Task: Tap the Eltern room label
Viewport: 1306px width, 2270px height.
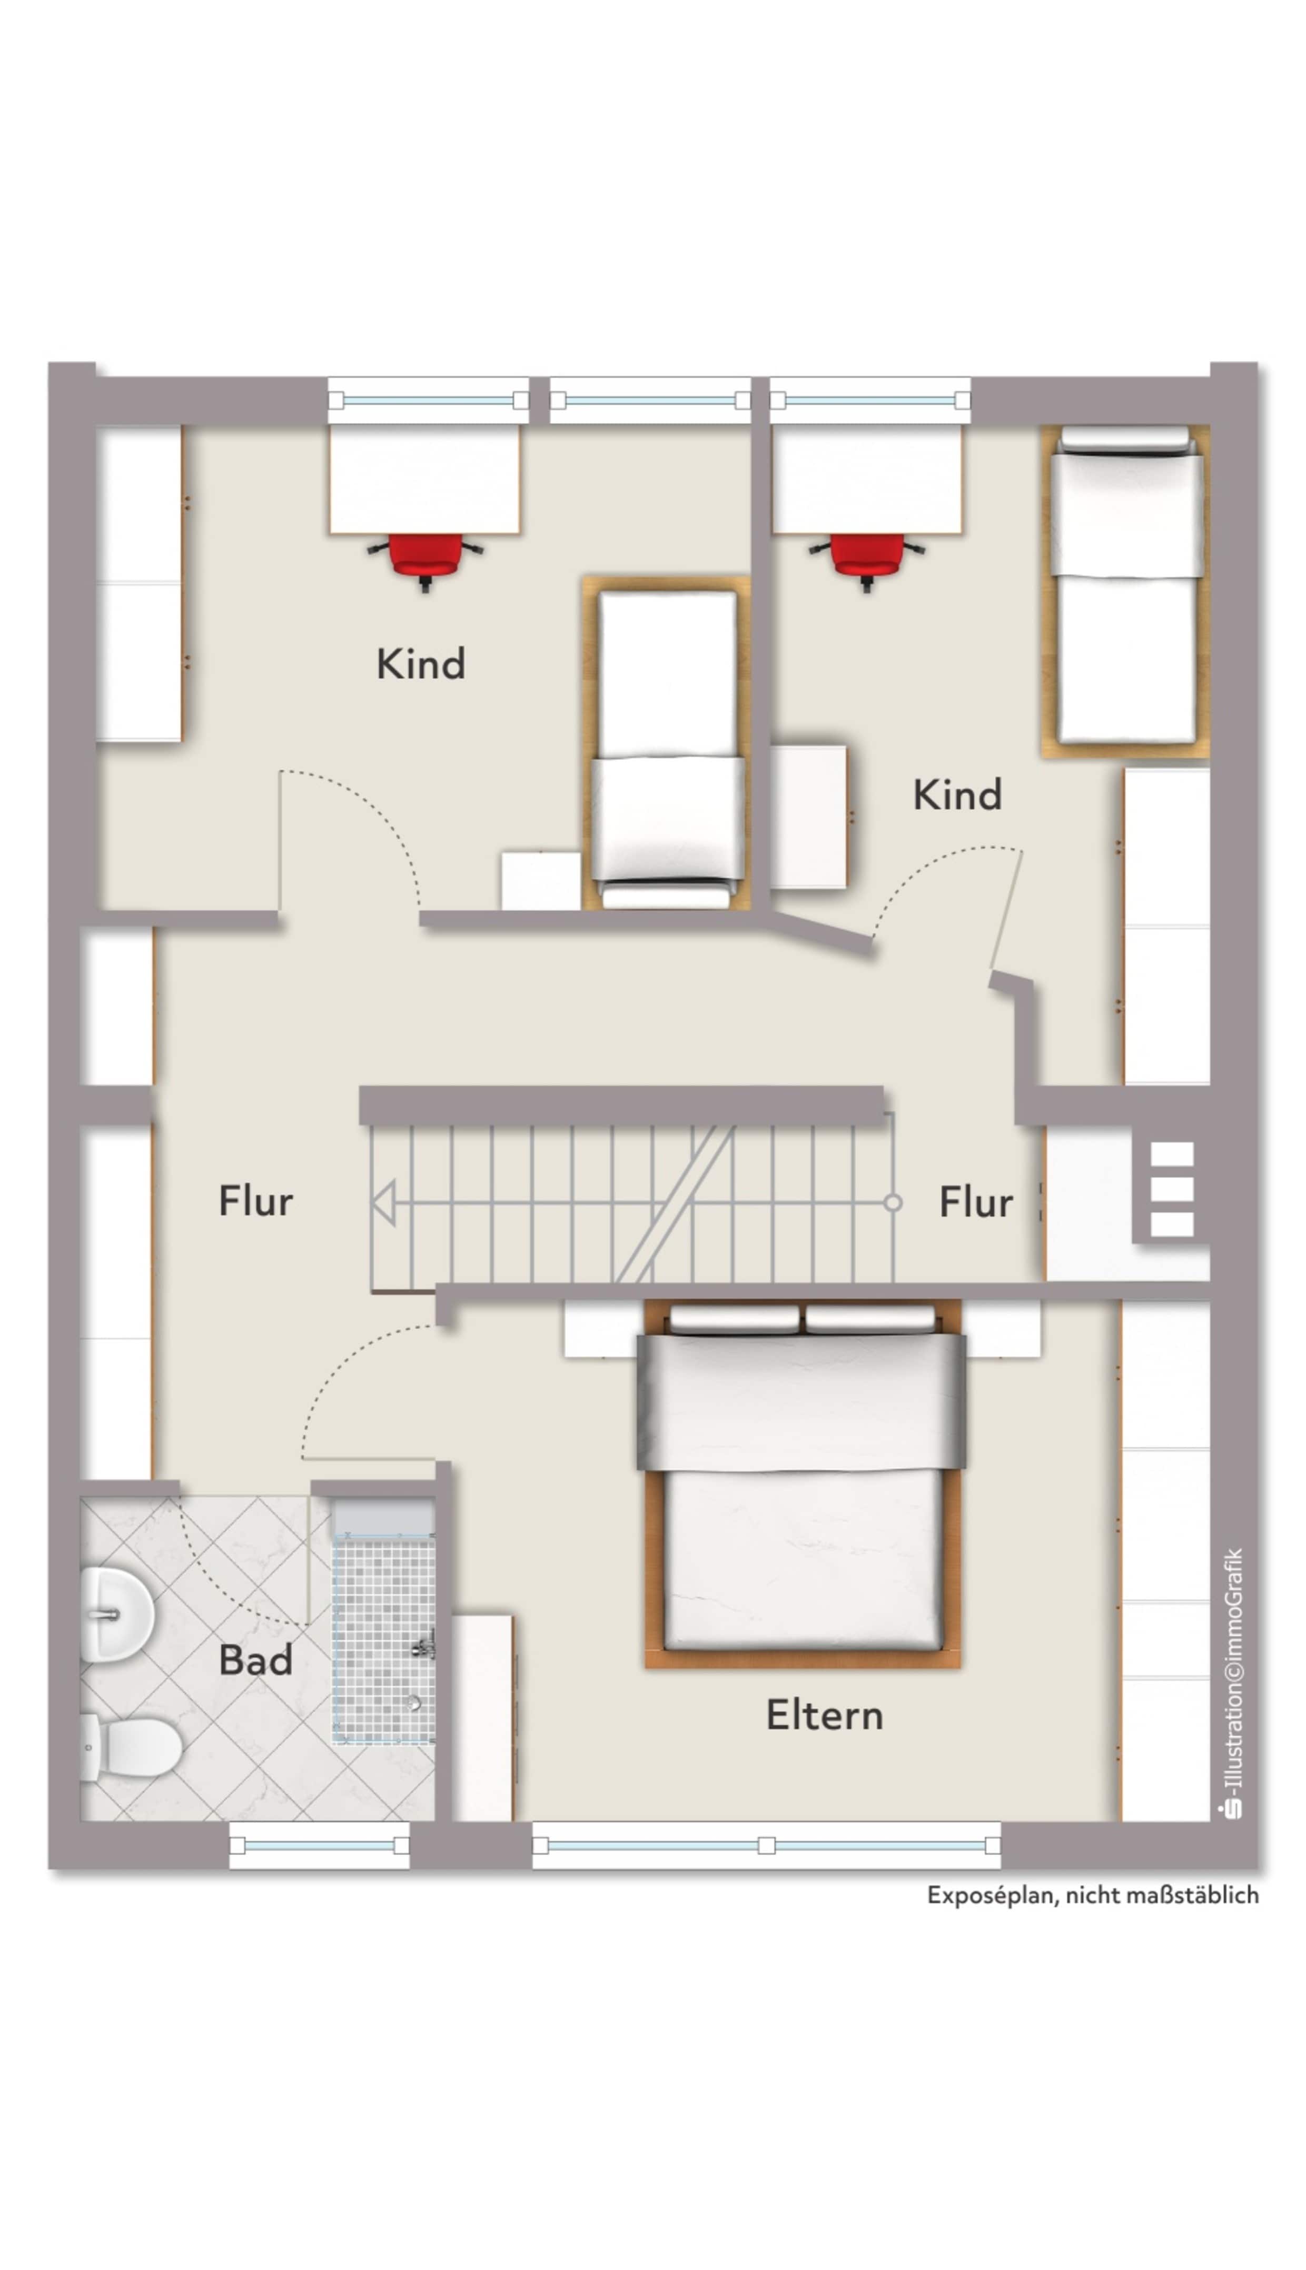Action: coord(824,1715)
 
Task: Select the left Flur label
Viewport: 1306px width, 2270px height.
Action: coord(255,1201)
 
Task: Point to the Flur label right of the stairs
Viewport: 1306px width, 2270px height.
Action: coord(976,1201)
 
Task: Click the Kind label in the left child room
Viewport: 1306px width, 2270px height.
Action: coord(421,664)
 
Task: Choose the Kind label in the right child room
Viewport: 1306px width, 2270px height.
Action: coord(957,794)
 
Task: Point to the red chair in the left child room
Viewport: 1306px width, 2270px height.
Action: coord(425,560)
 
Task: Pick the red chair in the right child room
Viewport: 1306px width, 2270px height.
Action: coord(866,560)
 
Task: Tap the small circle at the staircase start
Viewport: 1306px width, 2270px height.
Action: coord(893,1202)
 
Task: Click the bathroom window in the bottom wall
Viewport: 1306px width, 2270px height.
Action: coord(319,1845)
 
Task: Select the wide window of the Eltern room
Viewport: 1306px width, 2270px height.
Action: coord(767,1845)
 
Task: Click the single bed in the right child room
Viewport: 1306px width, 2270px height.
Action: coord(1126,592)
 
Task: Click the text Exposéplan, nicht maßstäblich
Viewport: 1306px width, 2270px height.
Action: coord(1093,1895)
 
